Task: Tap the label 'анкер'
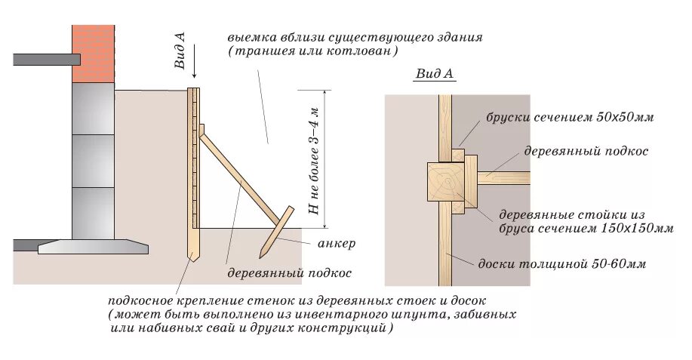333,244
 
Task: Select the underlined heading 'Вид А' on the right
434,74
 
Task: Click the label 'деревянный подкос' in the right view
586,151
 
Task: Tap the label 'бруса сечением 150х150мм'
585,227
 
